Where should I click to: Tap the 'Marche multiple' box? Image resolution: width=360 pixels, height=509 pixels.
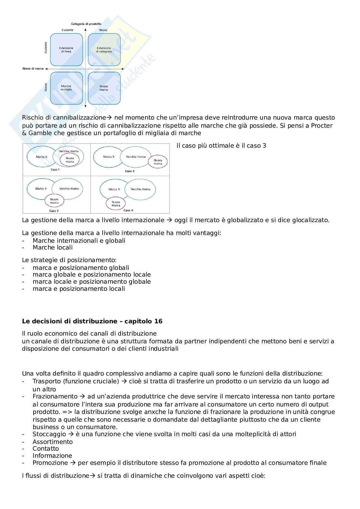66,88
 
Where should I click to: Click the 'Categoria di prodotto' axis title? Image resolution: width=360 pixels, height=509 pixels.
86,24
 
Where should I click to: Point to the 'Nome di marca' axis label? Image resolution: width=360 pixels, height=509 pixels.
33,69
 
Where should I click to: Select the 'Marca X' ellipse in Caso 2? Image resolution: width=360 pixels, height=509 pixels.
109,157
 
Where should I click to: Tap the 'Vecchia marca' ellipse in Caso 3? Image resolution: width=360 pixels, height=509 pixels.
69,189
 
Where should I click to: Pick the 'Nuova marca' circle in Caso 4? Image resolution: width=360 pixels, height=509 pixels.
115,204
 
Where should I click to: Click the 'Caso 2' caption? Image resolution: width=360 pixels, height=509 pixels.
130,171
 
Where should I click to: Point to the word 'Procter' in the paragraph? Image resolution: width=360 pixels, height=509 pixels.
322,125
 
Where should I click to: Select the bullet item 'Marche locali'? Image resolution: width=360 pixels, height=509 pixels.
53,248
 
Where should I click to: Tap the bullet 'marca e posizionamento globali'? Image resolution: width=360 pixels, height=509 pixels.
81,268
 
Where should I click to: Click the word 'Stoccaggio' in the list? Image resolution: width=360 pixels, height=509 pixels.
49,434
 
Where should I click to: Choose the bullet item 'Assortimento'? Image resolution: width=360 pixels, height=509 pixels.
53,442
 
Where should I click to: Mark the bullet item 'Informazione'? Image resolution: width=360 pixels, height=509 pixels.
52,455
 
